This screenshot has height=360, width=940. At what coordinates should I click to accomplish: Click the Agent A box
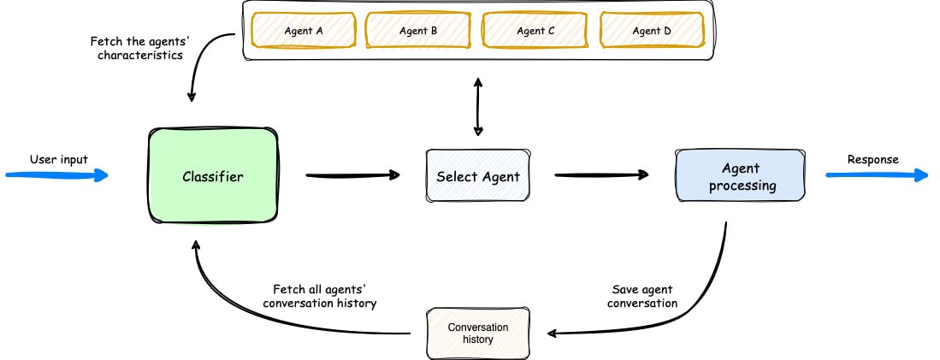[x=303, y=31]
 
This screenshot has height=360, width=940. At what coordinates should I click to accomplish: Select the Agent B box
[x=418, y=31]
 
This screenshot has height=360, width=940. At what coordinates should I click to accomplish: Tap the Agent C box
[x=535, y=31]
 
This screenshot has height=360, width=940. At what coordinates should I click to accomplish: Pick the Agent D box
[x=652, y=31]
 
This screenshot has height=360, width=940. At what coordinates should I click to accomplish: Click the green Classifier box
[x=213, y=177]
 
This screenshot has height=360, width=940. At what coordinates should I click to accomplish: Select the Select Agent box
[x=477, y=177]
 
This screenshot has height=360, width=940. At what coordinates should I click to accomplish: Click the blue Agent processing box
[x=741, y=177]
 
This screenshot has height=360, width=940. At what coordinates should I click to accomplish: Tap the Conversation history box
[x=478, y=333]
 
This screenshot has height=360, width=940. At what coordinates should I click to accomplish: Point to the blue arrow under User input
[x=56, y=176]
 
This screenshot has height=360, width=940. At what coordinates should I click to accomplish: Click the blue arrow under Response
[x=876, y=176]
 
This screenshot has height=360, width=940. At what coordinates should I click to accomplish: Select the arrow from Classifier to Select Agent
[x=352, y=176]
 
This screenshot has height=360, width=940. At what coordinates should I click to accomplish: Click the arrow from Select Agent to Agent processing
[x=600, y=176]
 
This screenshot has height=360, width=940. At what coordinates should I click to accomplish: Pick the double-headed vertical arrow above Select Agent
[x=477, y=107]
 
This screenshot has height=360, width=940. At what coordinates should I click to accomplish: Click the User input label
[x=58, y=159]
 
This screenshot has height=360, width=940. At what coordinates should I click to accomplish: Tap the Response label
[x=872, y=159]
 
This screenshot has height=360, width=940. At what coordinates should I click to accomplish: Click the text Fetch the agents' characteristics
[x=137, y=49]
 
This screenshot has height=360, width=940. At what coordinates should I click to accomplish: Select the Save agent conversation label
[x=645, y=297]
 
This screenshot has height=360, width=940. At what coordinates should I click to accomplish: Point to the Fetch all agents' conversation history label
[x=324, y=297]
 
